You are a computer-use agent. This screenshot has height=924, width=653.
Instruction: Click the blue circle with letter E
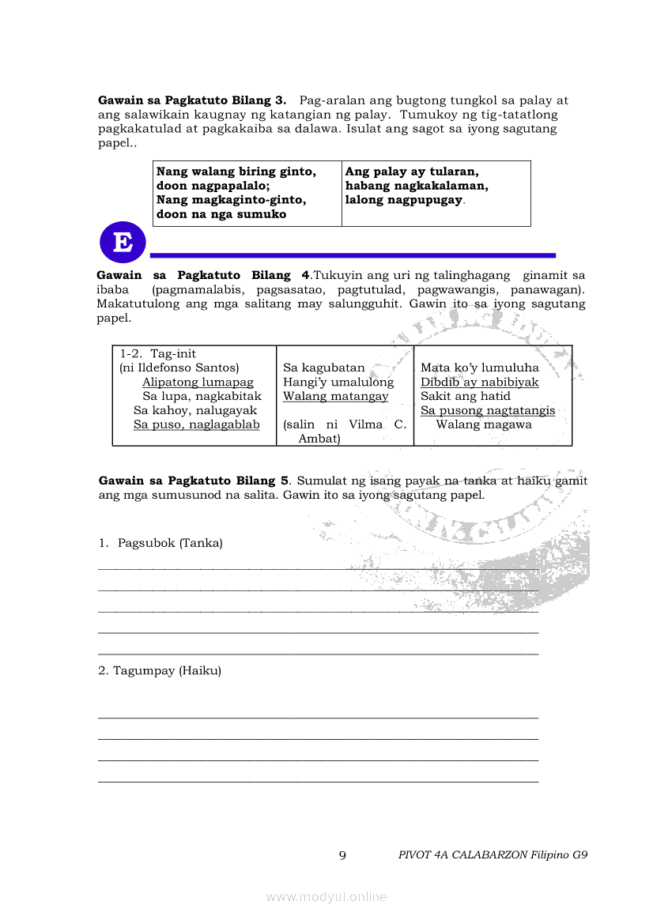point(123,243)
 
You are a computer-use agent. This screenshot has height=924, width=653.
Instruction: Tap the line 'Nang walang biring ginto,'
point(236,172)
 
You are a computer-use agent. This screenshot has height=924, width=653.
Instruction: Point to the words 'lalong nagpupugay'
point(403,200)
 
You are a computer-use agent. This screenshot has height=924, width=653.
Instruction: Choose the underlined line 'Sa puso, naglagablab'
point(196,424)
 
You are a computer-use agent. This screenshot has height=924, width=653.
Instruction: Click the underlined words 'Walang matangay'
point(335,396)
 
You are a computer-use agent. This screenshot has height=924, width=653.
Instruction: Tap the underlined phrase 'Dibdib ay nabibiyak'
point(479,382)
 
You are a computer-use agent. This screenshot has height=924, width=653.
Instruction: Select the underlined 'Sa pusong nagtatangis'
point(487,410)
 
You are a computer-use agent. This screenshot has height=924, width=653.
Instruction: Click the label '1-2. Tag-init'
point(158,353)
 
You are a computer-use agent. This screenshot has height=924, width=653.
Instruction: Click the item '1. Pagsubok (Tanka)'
point(160,543)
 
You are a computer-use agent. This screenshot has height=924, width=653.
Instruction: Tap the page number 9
point(342,854)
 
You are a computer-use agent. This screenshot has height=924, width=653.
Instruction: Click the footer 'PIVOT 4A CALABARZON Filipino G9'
point(493,854)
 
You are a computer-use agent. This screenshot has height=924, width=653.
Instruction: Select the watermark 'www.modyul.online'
point(326,896)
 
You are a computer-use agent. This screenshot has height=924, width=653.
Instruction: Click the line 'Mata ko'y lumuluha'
point(479,368)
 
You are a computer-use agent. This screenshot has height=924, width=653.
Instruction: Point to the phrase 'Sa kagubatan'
point(324,368)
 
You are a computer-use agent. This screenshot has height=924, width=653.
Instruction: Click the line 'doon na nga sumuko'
point(221,214)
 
